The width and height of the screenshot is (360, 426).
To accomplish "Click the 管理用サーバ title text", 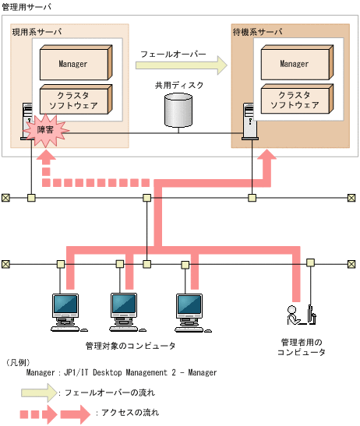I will coord(29,6).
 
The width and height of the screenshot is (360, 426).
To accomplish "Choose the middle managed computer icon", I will coord(125,310).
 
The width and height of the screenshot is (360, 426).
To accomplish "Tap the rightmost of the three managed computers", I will coord(189,310).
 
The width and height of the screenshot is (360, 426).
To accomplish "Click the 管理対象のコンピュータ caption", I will coord(130,345).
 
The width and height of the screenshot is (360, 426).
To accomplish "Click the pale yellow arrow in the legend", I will coord(47,393).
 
